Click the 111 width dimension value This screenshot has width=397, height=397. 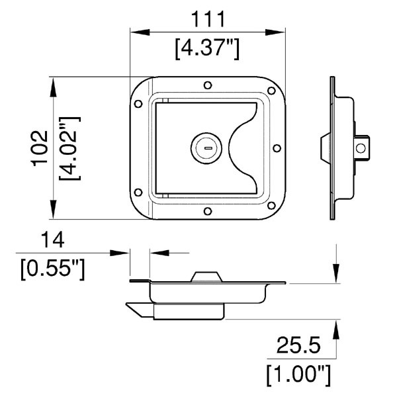click(x=208, y=19)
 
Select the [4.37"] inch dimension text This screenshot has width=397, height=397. click(x=207, y=49)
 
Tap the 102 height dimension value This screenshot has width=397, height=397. click(x=40, y=148)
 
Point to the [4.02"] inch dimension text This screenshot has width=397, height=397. click(x=70, y=149)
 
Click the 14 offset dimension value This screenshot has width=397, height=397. click(x=52, y=240)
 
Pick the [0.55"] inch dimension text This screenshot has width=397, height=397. click(x=52, y=269)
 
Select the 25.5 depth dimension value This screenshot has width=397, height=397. click(x=298, y=345)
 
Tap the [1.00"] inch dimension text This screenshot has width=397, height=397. click(x=298, y=375)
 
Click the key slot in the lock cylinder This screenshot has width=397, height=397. click(x=208, y=148)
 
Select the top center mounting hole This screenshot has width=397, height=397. click(x=208, y=85)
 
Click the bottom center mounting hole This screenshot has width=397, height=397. click(x=208, y=211)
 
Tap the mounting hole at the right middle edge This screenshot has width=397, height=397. click(x=277, y=148)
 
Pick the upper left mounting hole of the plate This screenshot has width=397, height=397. click(x=138, y=104)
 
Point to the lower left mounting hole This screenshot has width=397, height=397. click(x=138, y=193)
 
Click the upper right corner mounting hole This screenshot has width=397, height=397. click(x=271, y=91)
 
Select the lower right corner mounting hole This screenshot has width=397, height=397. click(x=271, y=206)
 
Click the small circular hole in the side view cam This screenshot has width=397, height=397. click(x=361, y=148)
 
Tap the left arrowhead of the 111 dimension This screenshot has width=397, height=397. click(x=140, y=32)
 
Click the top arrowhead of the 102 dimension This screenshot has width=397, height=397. click(x=53, y=87)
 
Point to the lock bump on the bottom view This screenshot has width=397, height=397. click(x=206, y=277)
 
